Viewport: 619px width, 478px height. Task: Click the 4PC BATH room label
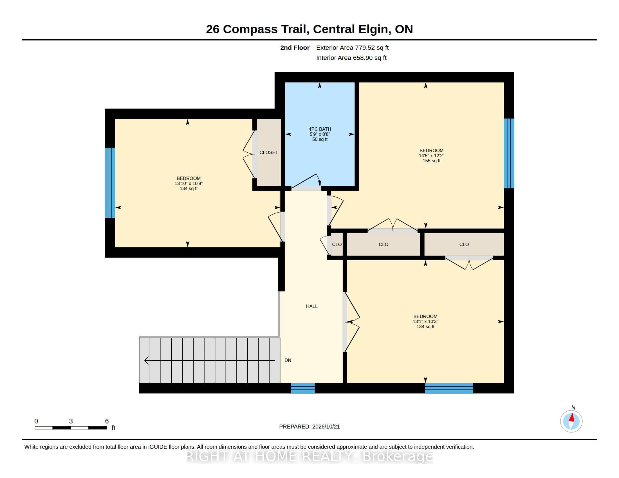(320, 129)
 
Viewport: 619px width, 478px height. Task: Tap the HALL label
(312, 306)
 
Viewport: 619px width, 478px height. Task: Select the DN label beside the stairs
(288, 360)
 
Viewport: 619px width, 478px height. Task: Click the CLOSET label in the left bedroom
(269, 152)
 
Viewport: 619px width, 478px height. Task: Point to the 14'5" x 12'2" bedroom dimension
(431, 155)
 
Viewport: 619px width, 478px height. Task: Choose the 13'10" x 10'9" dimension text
(189, 183)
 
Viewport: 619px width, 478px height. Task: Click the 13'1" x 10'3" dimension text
(425, 321)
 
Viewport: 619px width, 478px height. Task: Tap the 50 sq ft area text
(320, 139)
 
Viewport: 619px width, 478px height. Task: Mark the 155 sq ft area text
(431, 161)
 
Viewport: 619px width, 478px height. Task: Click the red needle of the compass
(572, 418)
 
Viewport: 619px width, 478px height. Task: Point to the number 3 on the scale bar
(71, 421)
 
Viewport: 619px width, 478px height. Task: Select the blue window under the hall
(303, 388)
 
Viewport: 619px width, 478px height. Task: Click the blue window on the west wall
(110, 183)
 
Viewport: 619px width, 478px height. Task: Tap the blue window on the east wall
(509, 153)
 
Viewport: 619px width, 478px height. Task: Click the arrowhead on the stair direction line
(146, 360)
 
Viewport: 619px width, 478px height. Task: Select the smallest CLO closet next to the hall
(337, 244)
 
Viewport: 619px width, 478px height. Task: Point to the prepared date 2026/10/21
(326, 427)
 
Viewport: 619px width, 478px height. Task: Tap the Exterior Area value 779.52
(364, 48)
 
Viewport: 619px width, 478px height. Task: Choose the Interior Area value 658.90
(362, 58)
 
